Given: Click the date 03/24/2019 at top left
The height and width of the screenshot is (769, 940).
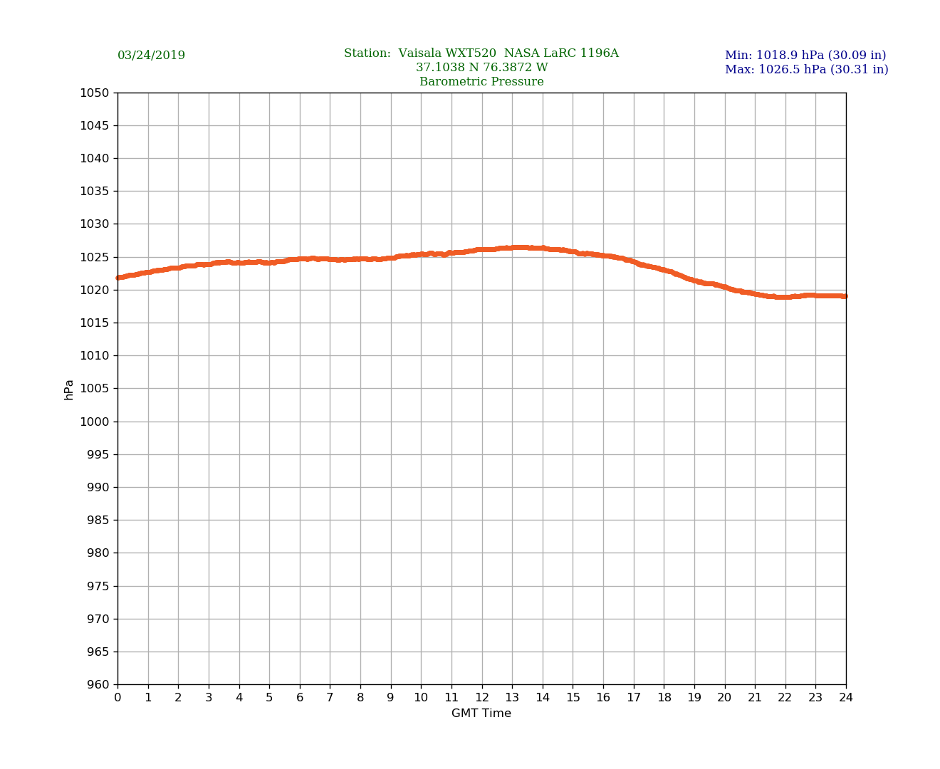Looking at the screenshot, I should (x=151, y=56).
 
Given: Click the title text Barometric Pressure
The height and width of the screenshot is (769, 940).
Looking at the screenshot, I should (x=481, y=82).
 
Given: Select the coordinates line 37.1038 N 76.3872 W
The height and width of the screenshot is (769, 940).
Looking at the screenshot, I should (x=481, y=68).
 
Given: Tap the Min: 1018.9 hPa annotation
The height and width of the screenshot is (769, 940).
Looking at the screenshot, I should (x=805, y=56).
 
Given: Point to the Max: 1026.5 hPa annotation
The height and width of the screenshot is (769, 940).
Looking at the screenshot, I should (x=806, y=70).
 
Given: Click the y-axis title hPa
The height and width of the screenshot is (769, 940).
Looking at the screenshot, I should (x=69, y=389).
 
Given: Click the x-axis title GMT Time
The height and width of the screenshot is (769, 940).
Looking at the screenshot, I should (x=481, y=713).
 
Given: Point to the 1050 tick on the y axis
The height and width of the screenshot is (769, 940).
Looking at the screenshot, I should (x=95, y=93).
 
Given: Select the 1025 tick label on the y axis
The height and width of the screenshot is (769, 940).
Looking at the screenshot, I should (x=95, y=257).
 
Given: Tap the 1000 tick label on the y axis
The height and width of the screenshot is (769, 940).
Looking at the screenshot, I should (x=95, y=422).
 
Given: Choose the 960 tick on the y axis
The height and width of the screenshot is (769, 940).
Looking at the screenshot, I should (x=98, y=685).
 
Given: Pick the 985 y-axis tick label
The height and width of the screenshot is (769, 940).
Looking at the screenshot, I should (x=98, y=520).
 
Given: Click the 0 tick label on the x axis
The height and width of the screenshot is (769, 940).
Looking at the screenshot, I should (x=117, y=698).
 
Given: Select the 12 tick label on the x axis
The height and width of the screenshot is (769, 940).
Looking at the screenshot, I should (x=482, y=698).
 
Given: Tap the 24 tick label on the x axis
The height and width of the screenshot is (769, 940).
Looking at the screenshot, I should (x=846, y=698).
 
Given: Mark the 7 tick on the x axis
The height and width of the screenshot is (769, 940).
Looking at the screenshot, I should (x=330, y=698).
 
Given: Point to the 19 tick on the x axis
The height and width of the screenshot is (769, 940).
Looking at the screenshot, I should (x=694, y=698).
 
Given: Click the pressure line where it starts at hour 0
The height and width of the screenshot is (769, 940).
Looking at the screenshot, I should (x=119, y=278).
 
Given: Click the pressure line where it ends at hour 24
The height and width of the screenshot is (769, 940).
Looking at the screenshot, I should (x=845, y=296).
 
